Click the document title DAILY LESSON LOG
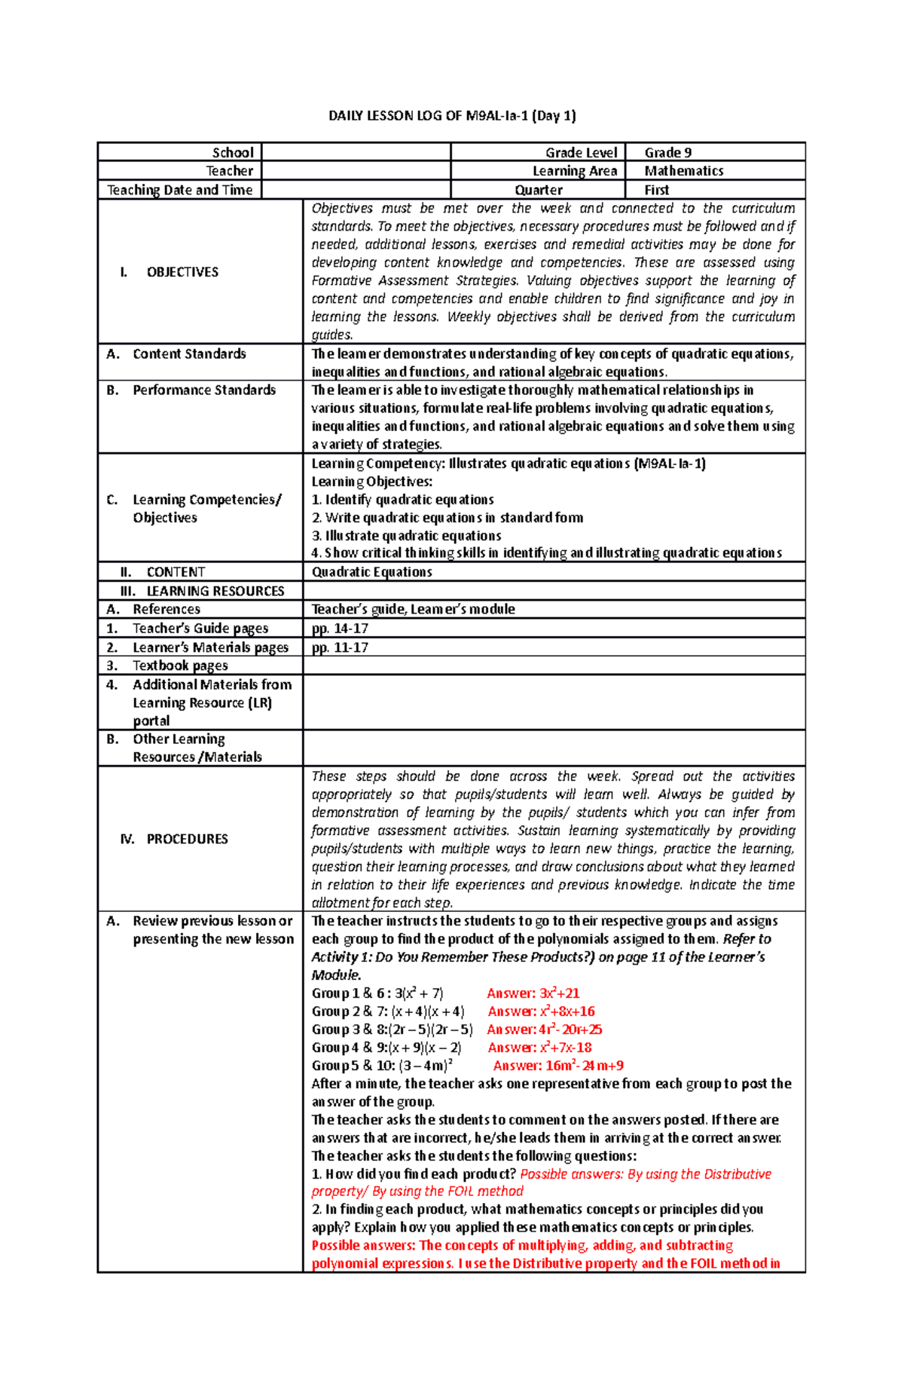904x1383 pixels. (x=452, y=115)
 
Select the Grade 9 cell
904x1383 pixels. (x=667, y=152)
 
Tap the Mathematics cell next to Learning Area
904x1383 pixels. (x=683, y=171)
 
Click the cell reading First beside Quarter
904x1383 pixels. (x=656, y=190)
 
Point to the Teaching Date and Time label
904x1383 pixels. (x=179, y=190)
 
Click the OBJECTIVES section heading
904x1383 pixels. (x=182, y=272)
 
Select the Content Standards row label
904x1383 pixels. (x=189, y=353)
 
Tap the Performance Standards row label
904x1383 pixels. (x=203, y=390)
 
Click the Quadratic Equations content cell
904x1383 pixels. (x=371, y=571)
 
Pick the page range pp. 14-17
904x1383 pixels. (x=340, y=628)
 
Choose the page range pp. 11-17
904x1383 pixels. (x=340, y=647)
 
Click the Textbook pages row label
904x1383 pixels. (x=180, y=665)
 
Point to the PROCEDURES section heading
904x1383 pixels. (x=187, y=839)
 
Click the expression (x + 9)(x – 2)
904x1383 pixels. (x=426, y=1048)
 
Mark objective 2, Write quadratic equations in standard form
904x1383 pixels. (x=447, y=518)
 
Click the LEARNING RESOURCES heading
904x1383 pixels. (x=215, y=591)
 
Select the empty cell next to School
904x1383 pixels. (x=356, y=152)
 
